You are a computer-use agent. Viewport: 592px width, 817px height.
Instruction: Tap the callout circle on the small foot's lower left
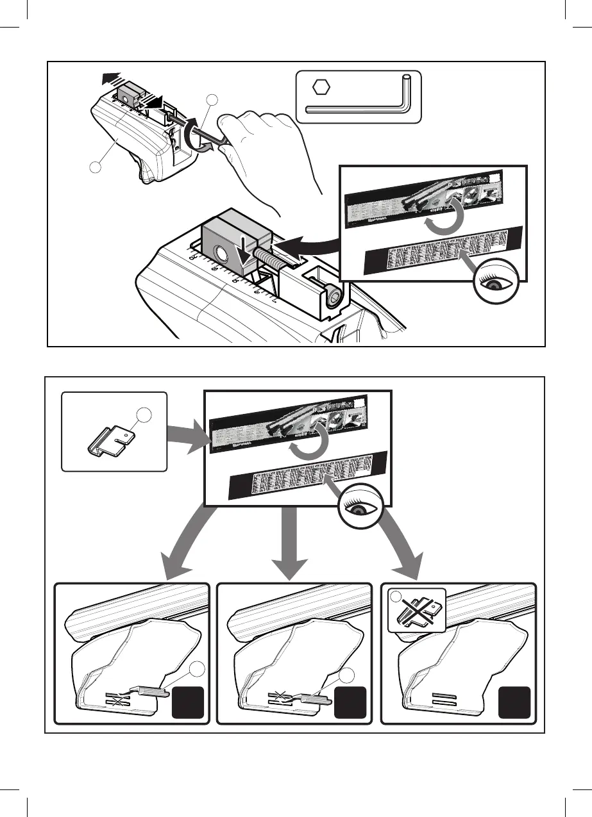tap(96, 168)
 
